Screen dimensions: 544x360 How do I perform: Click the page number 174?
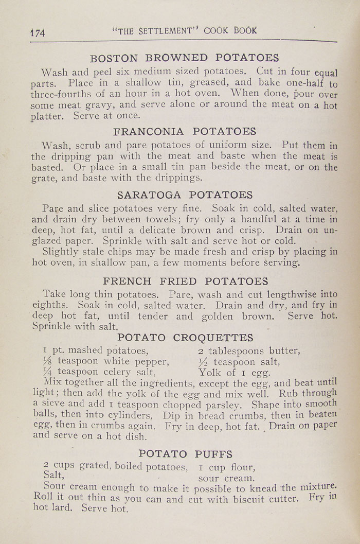38,32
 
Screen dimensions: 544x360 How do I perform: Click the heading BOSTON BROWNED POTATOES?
184,58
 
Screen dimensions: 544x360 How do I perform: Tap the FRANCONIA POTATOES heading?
185,132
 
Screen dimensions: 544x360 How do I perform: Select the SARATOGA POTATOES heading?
185,195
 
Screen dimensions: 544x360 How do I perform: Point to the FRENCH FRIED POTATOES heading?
185,281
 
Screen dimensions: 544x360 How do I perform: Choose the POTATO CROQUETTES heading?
185,338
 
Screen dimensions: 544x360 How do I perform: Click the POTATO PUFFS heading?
185,454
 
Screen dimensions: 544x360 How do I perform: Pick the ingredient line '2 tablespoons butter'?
249,351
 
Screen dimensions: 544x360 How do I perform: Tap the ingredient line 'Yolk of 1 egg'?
235,373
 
